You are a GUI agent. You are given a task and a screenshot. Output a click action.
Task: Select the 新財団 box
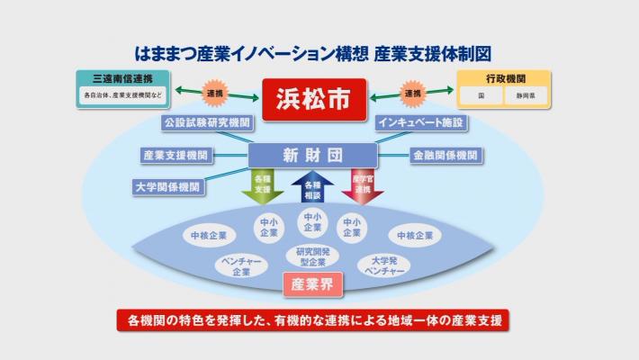[x=311, y=155]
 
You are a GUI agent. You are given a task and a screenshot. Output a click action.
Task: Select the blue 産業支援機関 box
[x=175, y=155]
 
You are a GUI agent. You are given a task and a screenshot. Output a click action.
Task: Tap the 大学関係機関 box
[x=165, y=187]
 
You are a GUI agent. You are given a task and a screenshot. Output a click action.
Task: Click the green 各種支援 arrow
[x=262, y=187]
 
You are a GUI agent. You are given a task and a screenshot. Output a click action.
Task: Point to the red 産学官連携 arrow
[x=363, y=187]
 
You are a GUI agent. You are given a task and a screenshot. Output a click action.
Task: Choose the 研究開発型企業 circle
[x=311, y=256]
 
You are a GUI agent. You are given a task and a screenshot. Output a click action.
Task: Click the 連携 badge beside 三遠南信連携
[x=215, y=93]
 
